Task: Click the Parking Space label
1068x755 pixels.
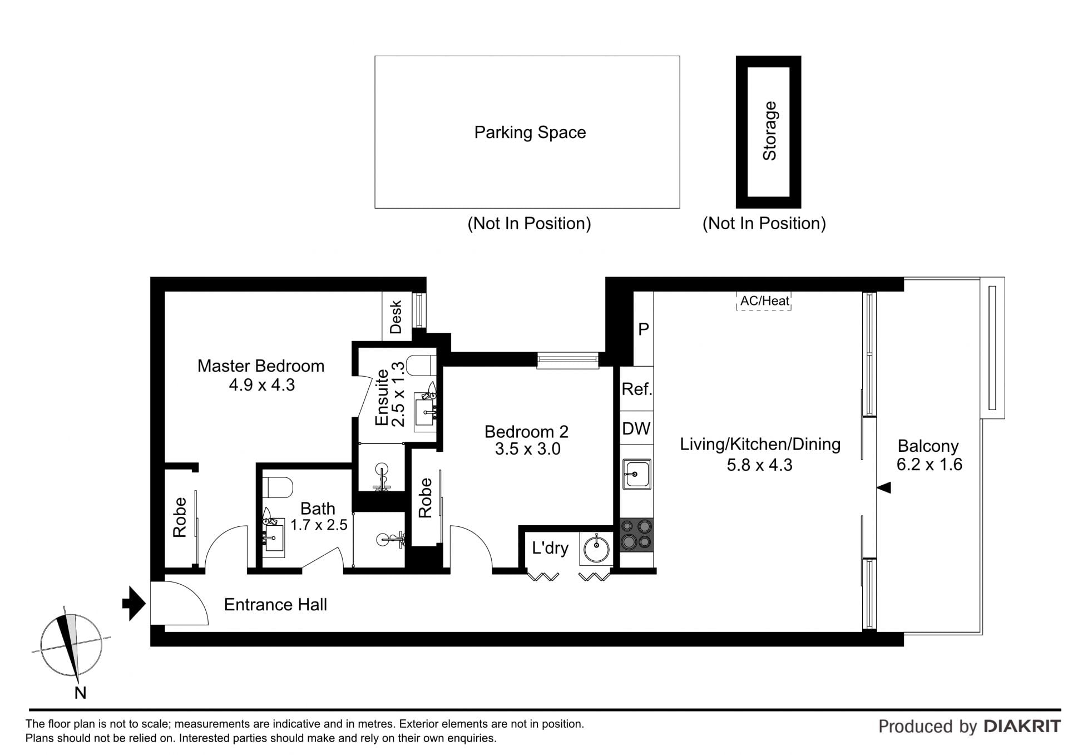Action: click(530, 132)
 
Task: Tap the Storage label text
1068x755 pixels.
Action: click(769, 131)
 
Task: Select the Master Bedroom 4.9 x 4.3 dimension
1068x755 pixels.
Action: click(261, 384)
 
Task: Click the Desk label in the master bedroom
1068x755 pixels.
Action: click(396, 317)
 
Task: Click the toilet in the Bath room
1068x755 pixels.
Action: click(277, 487)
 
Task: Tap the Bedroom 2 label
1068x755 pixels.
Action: click(526, 431)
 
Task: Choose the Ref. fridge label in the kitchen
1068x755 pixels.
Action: click(636, 389)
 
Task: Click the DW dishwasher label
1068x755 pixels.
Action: click(636, 428)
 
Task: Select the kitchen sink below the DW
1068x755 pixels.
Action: click(636, 474)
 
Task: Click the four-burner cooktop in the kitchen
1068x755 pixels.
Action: click(636, 535)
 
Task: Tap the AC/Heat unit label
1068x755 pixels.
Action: click(764, 301)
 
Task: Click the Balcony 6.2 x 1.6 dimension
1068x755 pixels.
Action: click(929, 464)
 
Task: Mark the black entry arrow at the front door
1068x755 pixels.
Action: click(134, 603)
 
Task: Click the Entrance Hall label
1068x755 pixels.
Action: click(275, 605)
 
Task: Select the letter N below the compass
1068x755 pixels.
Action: click(81, 693)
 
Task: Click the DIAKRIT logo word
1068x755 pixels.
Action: click(1022, 726)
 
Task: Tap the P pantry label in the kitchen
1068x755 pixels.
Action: click(644, 329)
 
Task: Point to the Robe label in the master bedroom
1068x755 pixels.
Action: click(180, 517)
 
